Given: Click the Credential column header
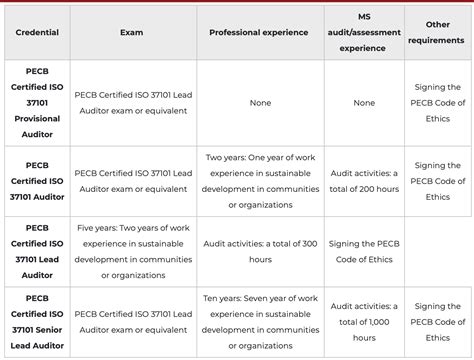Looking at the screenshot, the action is (37, 32).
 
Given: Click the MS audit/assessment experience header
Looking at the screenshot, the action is (364, 32).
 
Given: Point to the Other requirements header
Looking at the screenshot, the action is (437, 32).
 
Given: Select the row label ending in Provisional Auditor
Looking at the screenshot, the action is (37, 102).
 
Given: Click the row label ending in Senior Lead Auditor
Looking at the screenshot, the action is (37, 322).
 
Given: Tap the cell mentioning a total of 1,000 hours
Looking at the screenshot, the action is (364, 322).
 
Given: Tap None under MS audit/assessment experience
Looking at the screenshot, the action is (364, 102).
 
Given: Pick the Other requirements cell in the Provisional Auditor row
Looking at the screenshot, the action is (437, 102).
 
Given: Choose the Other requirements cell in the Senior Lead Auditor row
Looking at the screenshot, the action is (437, 322).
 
